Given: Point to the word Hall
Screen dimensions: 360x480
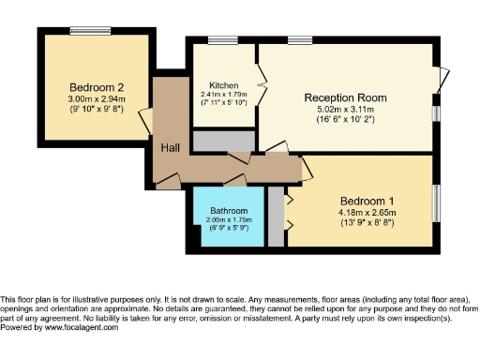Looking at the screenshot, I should coord(170,148).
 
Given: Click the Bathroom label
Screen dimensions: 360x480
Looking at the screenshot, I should coord(228,210).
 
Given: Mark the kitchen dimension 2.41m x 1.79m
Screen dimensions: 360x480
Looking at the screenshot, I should coord(223,94).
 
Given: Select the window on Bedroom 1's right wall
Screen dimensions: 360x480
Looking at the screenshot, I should coord(436,202).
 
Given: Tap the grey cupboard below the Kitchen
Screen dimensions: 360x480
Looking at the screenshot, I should coord(223,141).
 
